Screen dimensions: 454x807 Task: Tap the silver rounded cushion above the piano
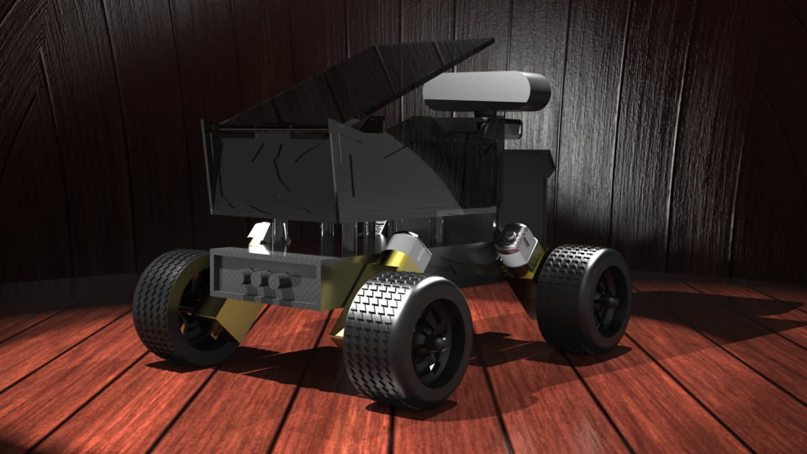click(485, 90)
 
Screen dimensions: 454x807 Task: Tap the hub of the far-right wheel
click(607, 301)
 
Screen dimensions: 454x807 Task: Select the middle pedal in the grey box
click(261, 280)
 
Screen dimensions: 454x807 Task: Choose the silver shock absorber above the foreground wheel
click(407, 247)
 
